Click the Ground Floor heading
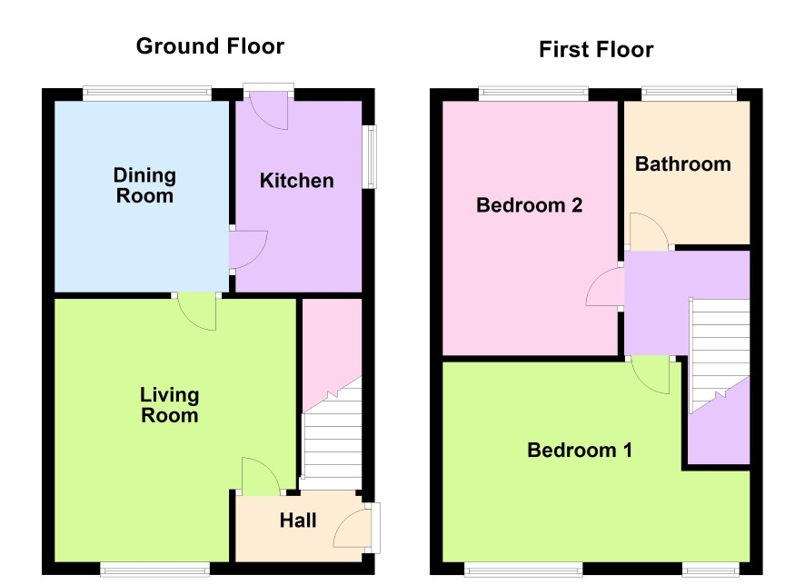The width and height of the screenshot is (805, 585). tap(210, 46)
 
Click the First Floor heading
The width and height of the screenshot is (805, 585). tap(596, 50)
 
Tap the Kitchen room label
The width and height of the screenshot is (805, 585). tap(297, 181)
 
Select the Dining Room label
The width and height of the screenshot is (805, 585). tap(144, 185)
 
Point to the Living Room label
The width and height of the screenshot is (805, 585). tap(169, 405)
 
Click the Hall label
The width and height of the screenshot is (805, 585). tap(298, 521)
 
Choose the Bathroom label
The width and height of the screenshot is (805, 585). tap(683, 164)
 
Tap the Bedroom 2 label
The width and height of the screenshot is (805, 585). tap(530, 205)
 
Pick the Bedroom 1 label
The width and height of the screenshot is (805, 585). tap(580, 450)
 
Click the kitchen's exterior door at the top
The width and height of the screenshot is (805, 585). tap(268, 110)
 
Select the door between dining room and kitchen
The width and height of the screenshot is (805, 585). tap(248, 250)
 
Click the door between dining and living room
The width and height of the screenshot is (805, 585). tap(196, 312)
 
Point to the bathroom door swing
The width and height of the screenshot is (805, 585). tap(650, 232)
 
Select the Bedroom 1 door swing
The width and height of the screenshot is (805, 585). tap(651, 375)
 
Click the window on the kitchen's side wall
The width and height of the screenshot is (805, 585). tap(370, 156)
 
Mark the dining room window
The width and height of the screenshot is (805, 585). tap(147, 93)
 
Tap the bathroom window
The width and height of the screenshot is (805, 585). tap(689, 93)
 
